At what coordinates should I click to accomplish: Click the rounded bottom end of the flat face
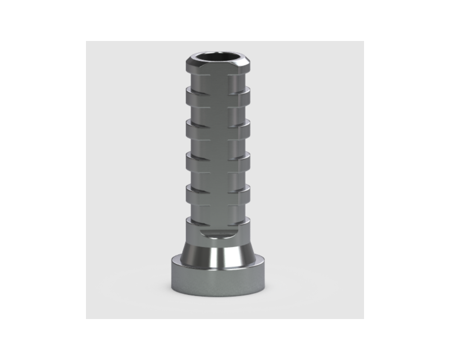coord(218,232)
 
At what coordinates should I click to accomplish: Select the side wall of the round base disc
coord(218,281)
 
